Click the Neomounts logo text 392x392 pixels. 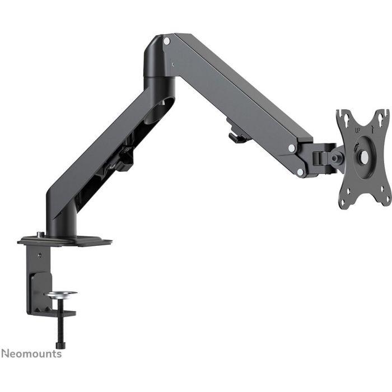pyautogui.click(x=31, y=354)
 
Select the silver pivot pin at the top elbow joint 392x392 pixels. pyautogui.click(x=166, y=41)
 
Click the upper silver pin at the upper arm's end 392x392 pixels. pyautogui.click(x=292, y=148)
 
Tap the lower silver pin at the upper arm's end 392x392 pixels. pyautogui.click(x=300, y=172)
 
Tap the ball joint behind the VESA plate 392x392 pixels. pyautogui.click(x=338, y=158)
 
